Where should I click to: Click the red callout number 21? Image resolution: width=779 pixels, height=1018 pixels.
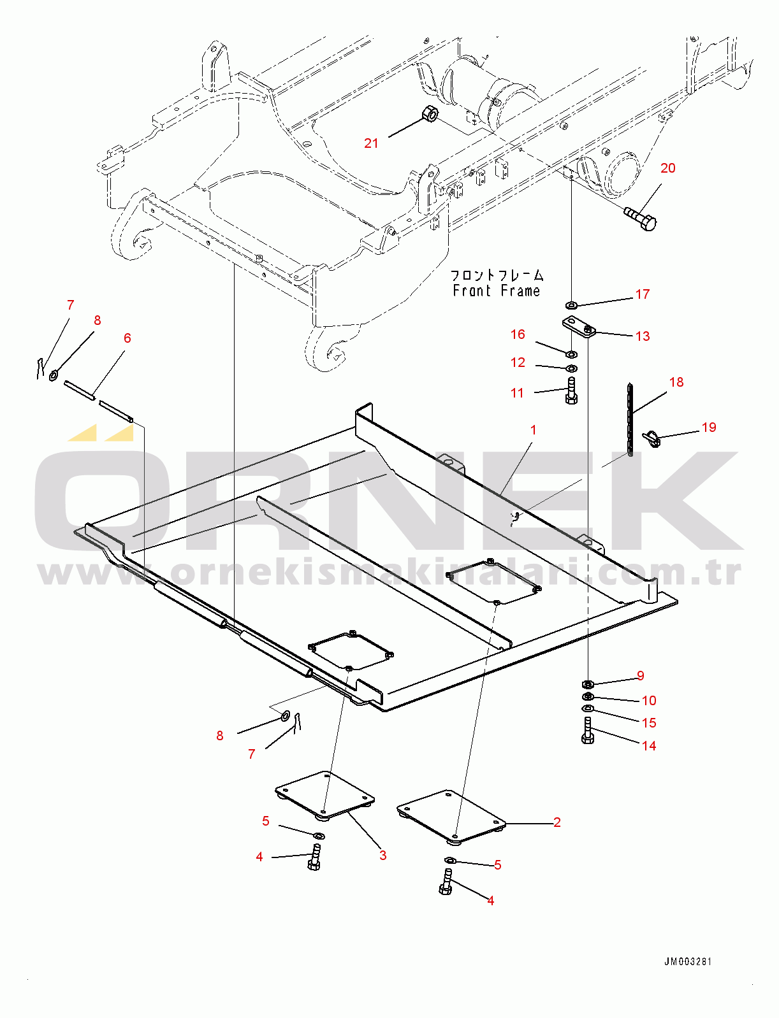(x=371, y=143)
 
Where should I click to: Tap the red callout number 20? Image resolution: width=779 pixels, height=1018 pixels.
(x=667, y=168)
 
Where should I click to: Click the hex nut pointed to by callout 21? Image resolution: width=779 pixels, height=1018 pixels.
(x=429, y=113)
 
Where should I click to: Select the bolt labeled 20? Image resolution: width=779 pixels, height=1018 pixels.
(x=641, y=219)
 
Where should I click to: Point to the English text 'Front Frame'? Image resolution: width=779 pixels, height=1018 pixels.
(x=497, y=290)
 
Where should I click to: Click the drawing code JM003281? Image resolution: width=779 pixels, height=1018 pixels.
(x=688, y=961)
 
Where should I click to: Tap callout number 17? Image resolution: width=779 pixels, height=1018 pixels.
(x=643, y=294)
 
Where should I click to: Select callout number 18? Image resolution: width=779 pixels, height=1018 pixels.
(x=676, y=382)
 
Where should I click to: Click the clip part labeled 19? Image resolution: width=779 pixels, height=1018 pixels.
(x=652, y=439)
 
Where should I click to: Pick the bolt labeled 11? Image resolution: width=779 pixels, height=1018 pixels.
(x=571, y=391)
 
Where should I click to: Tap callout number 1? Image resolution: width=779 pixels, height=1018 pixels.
(x=534, y=430)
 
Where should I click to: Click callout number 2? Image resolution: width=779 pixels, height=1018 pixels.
(x=557, y=822)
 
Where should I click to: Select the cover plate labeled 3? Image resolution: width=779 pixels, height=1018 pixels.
(x=324, y=795)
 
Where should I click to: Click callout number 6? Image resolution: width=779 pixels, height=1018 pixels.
(x=127, y=338)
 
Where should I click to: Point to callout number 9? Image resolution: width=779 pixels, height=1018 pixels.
(x=640, y=675)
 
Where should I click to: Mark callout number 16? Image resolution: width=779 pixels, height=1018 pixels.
(x=518, y=334)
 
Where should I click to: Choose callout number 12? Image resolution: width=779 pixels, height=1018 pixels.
(x=518, y=362)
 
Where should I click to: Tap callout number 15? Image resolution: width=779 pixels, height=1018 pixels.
(x=648, y=722)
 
